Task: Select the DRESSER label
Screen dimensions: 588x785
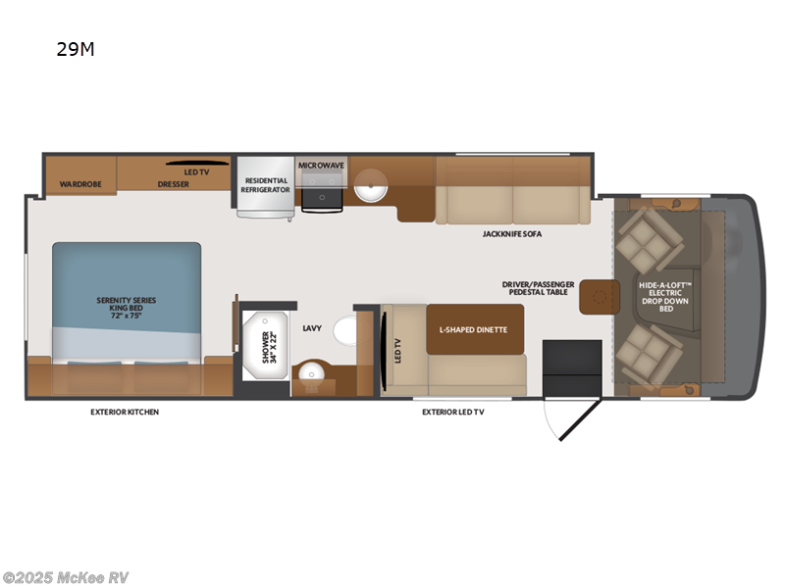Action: (173, 183)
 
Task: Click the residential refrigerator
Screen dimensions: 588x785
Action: (265, 186)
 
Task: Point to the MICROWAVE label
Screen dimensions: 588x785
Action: (321, 166)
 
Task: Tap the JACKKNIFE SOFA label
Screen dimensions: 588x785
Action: (511, 234)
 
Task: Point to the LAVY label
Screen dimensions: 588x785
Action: (313, 328)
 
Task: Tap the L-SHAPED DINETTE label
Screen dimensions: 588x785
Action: (473, 329)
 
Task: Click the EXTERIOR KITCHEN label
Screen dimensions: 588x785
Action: (125, 412)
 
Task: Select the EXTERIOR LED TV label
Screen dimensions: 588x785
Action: (452, 412)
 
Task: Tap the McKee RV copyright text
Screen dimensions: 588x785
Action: (66, 577)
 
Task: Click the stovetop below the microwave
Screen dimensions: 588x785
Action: (322, 199)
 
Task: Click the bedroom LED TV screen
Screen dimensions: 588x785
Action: (196, 163)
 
